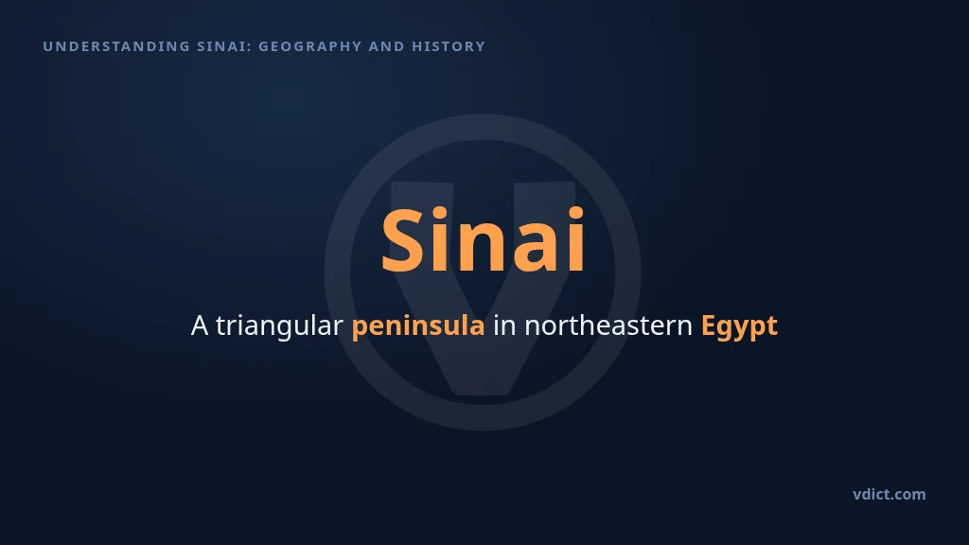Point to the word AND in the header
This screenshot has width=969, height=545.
(x=387, y=46)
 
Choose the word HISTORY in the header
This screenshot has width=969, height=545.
(x=449, y=46)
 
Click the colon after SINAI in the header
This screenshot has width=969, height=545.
(x=250, y=47)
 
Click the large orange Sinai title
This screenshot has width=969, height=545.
(x=483, y=240)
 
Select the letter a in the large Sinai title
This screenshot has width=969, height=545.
(x=539, y=247)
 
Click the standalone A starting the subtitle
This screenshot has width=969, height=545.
(x=200, y=325)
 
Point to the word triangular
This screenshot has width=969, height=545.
(x=279, y=326)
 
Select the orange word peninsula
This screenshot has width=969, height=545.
(x=418, y=326)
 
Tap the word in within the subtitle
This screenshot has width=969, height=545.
(x=504, y=325)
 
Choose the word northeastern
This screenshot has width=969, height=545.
(x=608, y=325)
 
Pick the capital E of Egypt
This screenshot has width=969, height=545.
(x=708, y=325)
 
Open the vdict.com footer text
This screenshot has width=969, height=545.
(x=890, y=494)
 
